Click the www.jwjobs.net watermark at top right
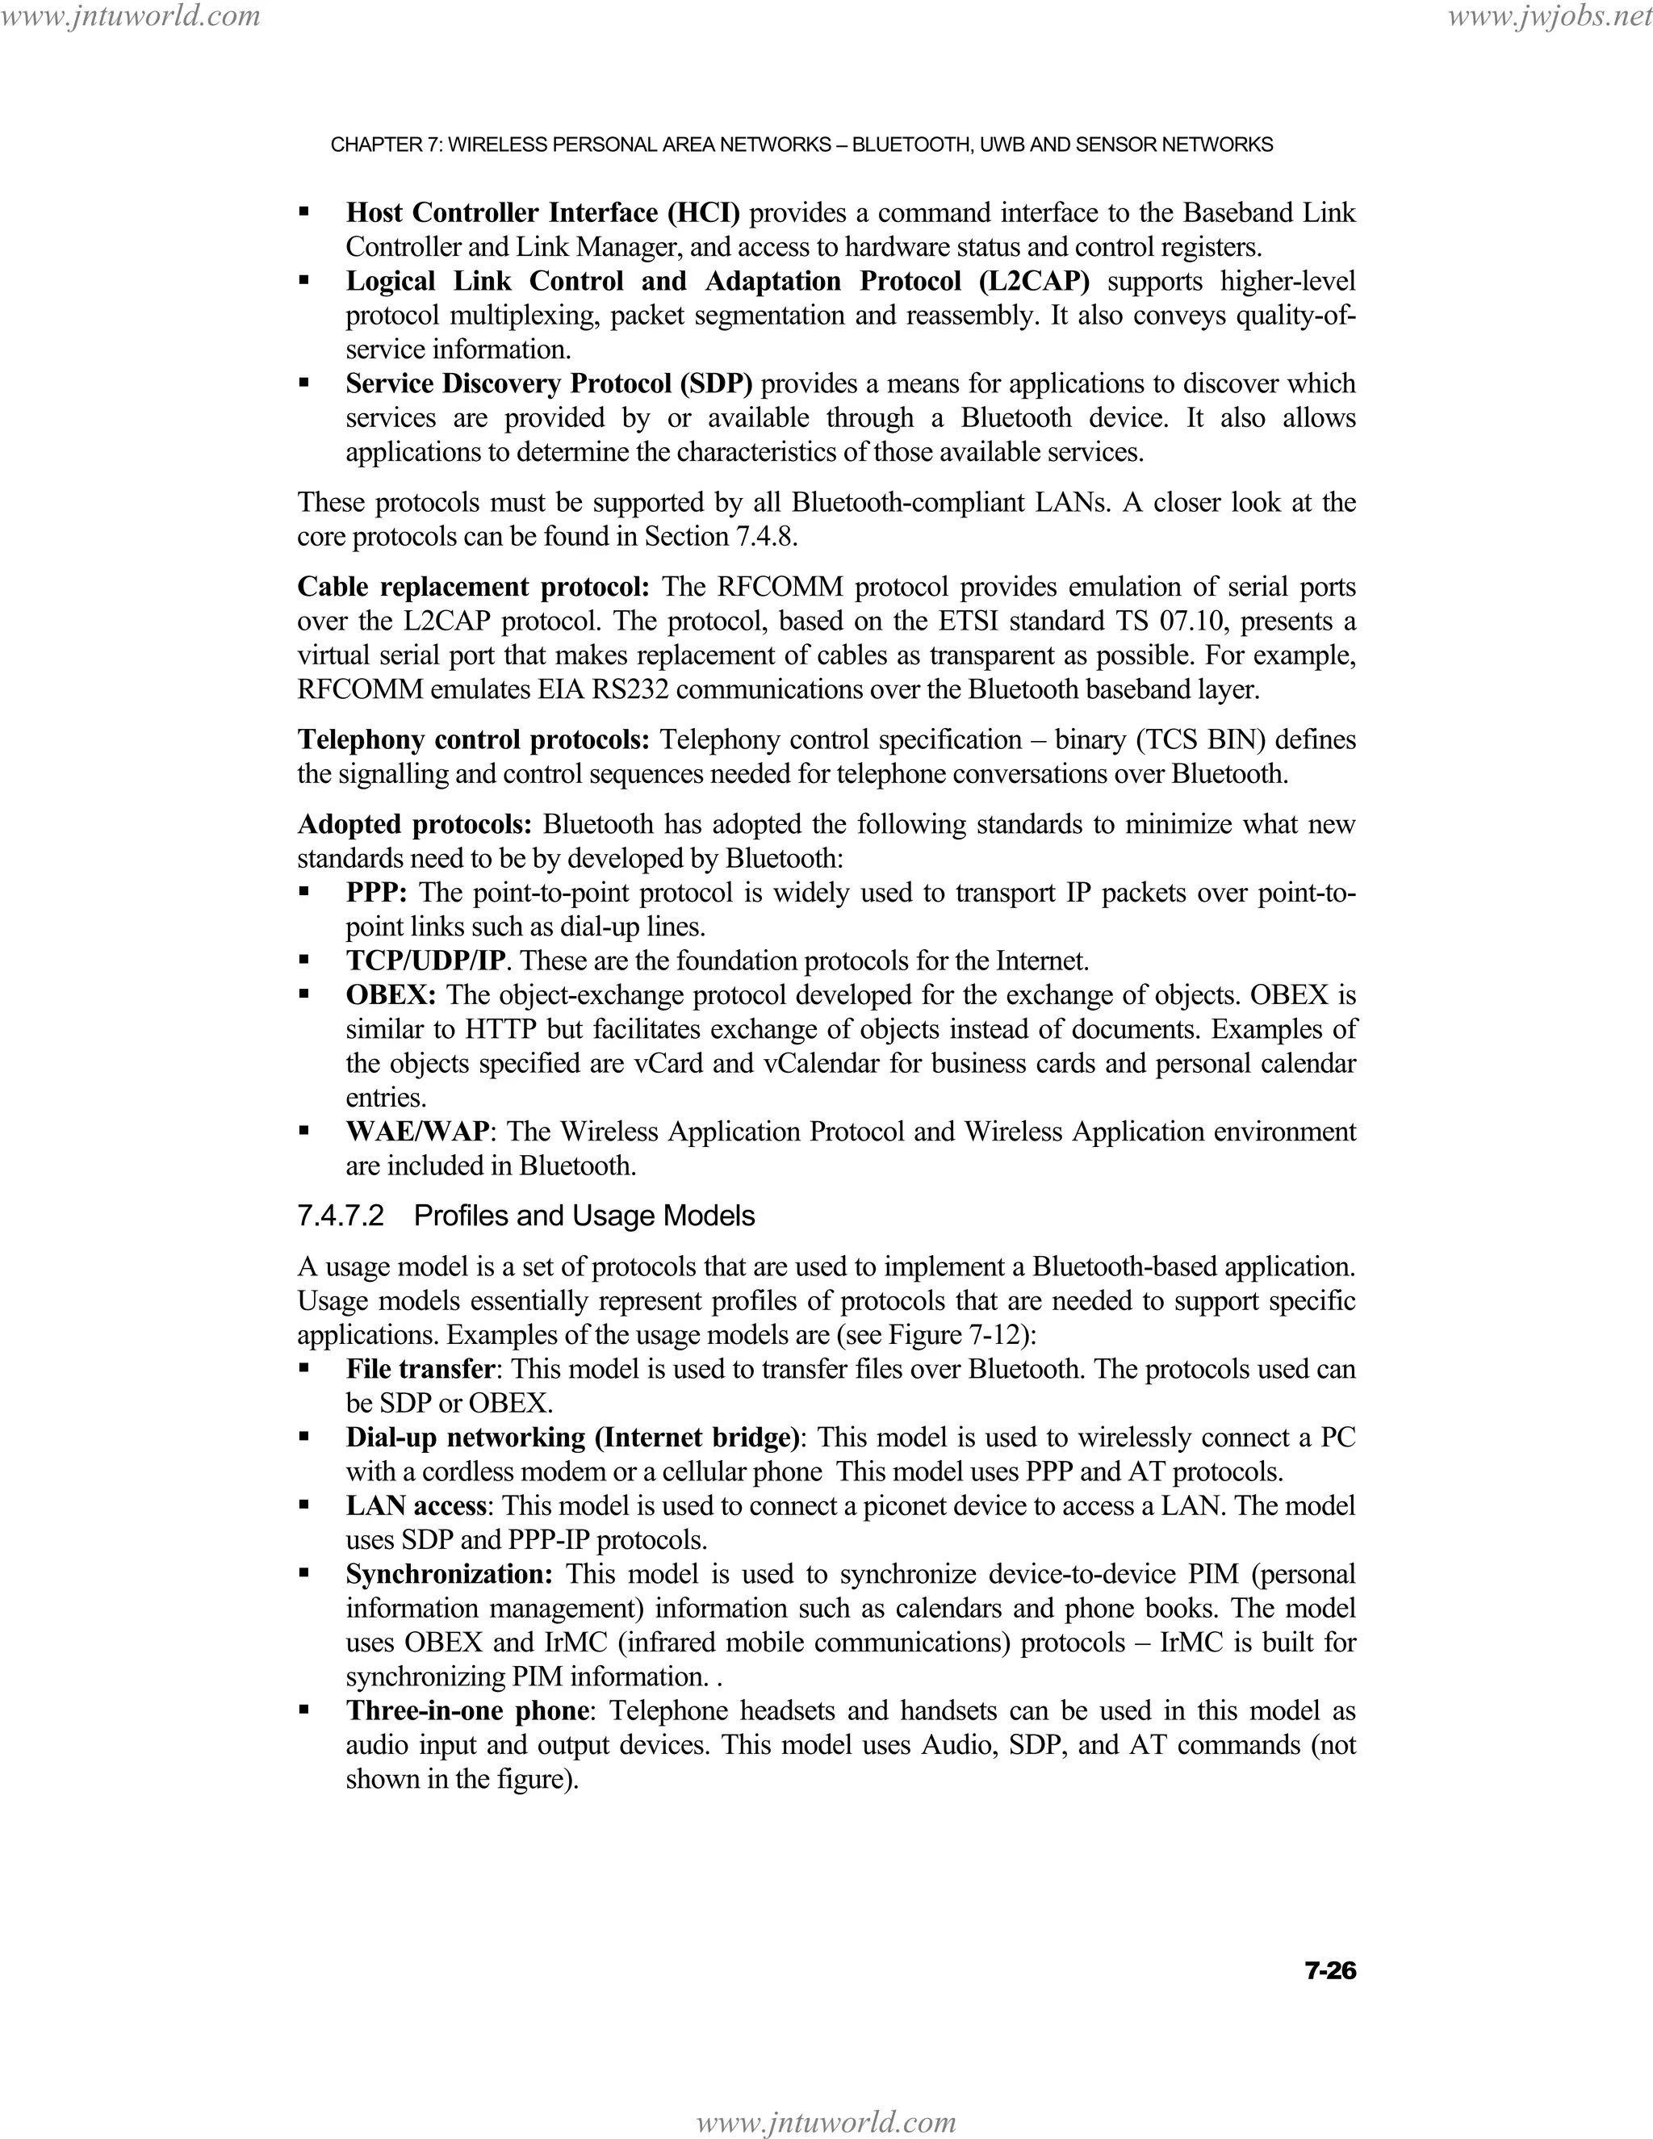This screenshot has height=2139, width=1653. pyautogui.click(x=1548, y=15)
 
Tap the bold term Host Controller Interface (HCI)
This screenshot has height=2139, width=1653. pyautogui.click(x=542, y=212)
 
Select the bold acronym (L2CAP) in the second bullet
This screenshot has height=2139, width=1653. pyautogui.click(x=1033, y=281)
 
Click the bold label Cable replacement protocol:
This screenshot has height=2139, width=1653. pyautogui.click(x=474, y=587)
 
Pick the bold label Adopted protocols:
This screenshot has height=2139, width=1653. pyautogui.click(x=414, y=823)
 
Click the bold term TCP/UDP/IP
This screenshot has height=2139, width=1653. pyautogui.click(x=431, y=961)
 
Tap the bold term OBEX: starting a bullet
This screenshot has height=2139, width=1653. pyautogui.click(x=391, y=995)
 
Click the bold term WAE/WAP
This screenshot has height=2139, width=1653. pyautogui.click(x=417, y=1131)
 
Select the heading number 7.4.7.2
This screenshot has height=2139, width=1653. pyautogui.click(x=341, y=1216)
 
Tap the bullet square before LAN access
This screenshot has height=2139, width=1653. pyautogui.click(x=304, y=1505)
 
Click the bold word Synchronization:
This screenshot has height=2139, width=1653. pyautogui.click(x=450, y=1574)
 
